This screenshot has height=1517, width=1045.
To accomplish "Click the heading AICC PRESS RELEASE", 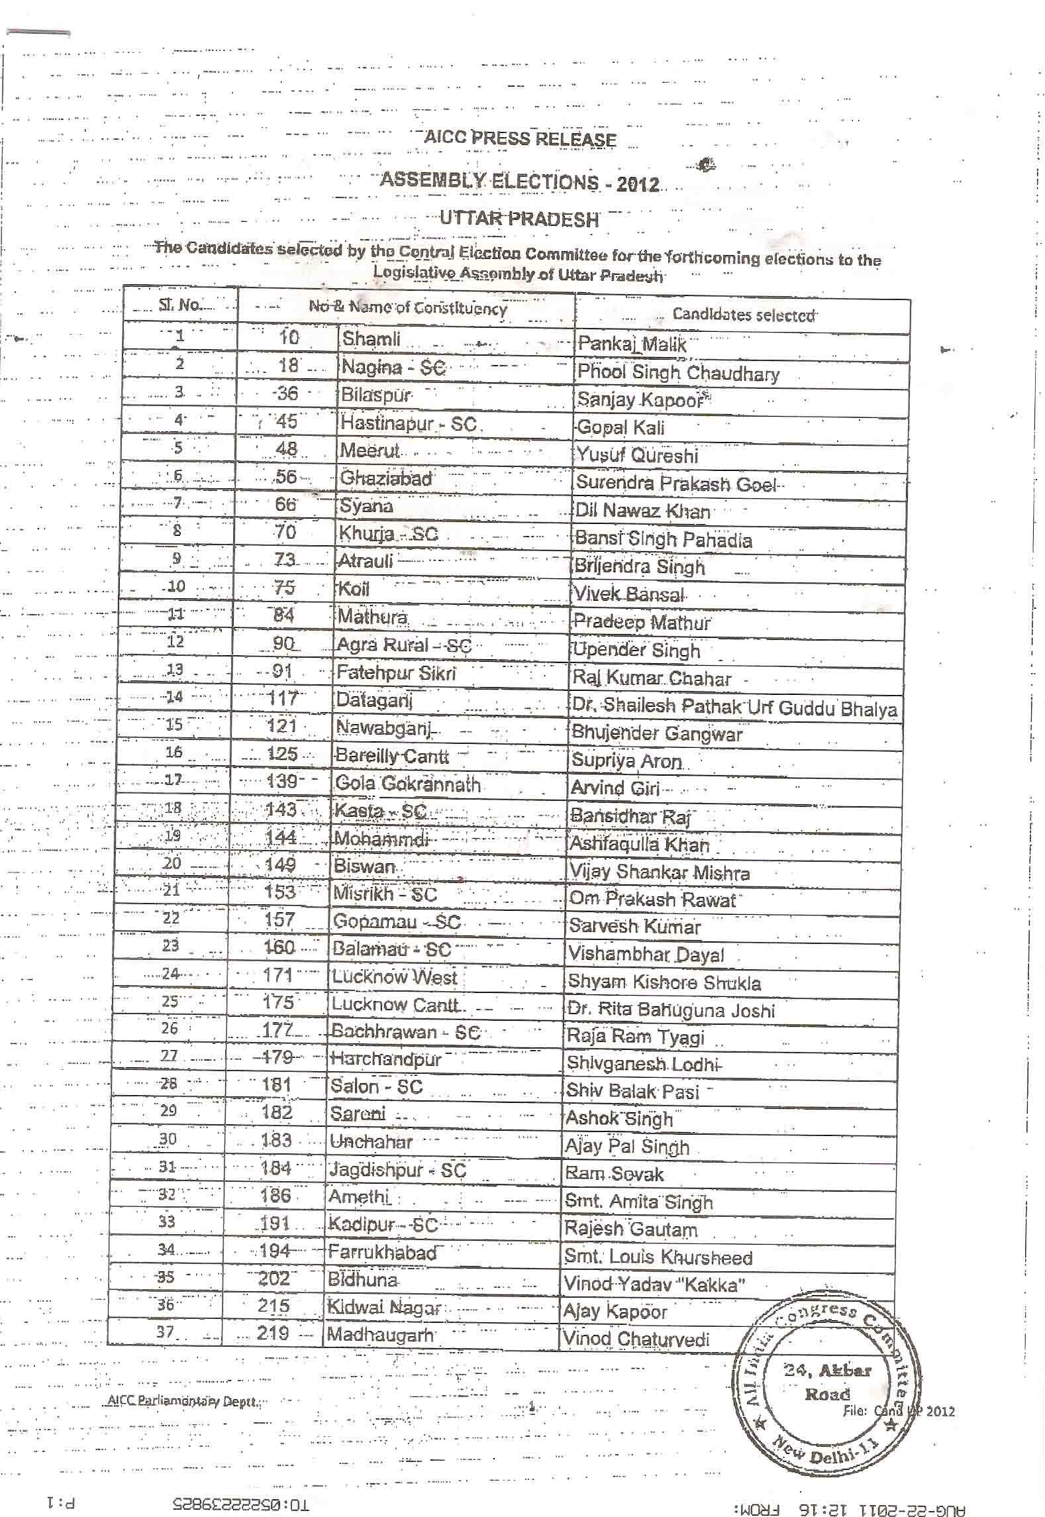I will click(520, 138).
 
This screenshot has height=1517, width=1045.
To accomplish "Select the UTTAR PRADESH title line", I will click(519, 219).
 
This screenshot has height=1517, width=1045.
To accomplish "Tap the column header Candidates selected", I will click(743, 315).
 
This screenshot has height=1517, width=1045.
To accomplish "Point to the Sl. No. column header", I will click(179, 305).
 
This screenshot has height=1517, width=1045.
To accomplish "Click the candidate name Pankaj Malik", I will click(632, 344).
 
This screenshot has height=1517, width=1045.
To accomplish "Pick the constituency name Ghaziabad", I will click(385, 478).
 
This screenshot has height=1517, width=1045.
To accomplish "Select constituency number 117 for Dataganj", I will click(283, 698).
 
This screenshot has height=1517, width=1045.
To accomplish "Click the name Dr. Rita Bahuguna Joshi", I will click(671, 1010).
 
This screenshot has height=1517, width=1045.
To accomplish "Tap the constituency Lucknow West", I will click(395, 976).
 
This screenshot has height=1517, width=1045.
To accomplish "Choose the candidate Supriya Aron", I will click(626, 760).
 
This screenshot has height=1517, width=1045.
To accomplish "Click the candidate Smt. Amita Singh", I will click(638, 1202).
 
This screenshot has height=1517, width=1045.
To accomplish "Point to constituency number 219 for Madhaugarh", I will click(273, 1333).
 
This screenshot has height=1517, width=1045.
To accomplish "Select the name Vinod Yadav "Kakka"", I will click(654, 1285).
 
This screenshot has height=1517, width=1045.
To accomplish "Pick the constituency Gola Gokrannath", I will click(408, 784).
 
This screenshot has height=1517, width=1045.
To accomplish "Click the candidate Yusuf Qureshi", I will click(637, 455).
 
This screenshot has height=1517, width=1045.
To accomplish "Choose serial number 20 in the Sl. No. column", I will click(172, 863).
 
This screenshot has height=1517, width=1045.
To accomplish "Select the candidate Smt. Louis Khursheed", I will click(658, 1257).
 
